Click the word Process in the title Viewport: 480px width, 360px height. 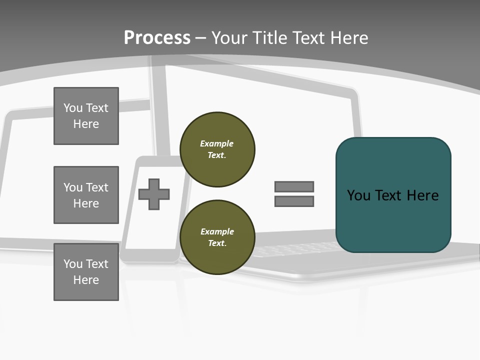(x=157, y=37)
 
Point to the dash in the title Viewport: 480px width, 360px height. (x=201, y=38)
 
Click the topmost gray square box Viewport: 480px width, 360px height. (x=86, y=116)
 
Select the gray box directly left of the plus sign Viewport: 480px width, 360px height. (x=86, y=195)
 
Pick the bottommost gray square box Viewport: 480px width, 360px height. (x=86, y=271)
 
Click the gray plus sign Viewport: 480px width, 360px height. (x=154, y=193)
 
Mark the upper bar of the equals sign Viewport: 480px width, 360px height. (x=294, y=186)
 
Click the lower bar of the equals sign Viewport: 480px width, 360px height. (x=294, y=201)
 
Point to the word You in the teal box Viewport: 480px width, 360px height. (x=358, y=195)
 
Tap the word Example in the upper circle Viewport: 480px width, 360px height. (x=217, y=143)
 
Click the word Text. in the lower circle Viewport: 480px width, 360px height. (x=217, y=243)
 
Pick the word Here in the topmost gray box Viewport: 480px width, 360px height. (x=86, y=124)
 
